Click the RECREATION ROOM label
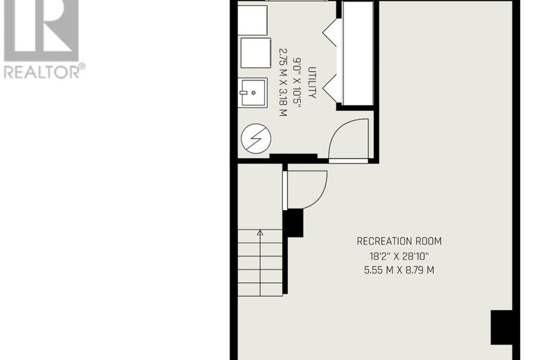tap(399, 241)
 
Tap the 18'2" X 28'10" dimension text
tap(399, 256)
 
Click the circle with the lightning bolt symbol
tap(254, 139)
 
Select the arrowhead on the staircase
tap(260, 231)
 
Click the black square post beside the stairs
tap(293, 223)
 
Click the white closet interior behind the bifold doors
tap(356, 54)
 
